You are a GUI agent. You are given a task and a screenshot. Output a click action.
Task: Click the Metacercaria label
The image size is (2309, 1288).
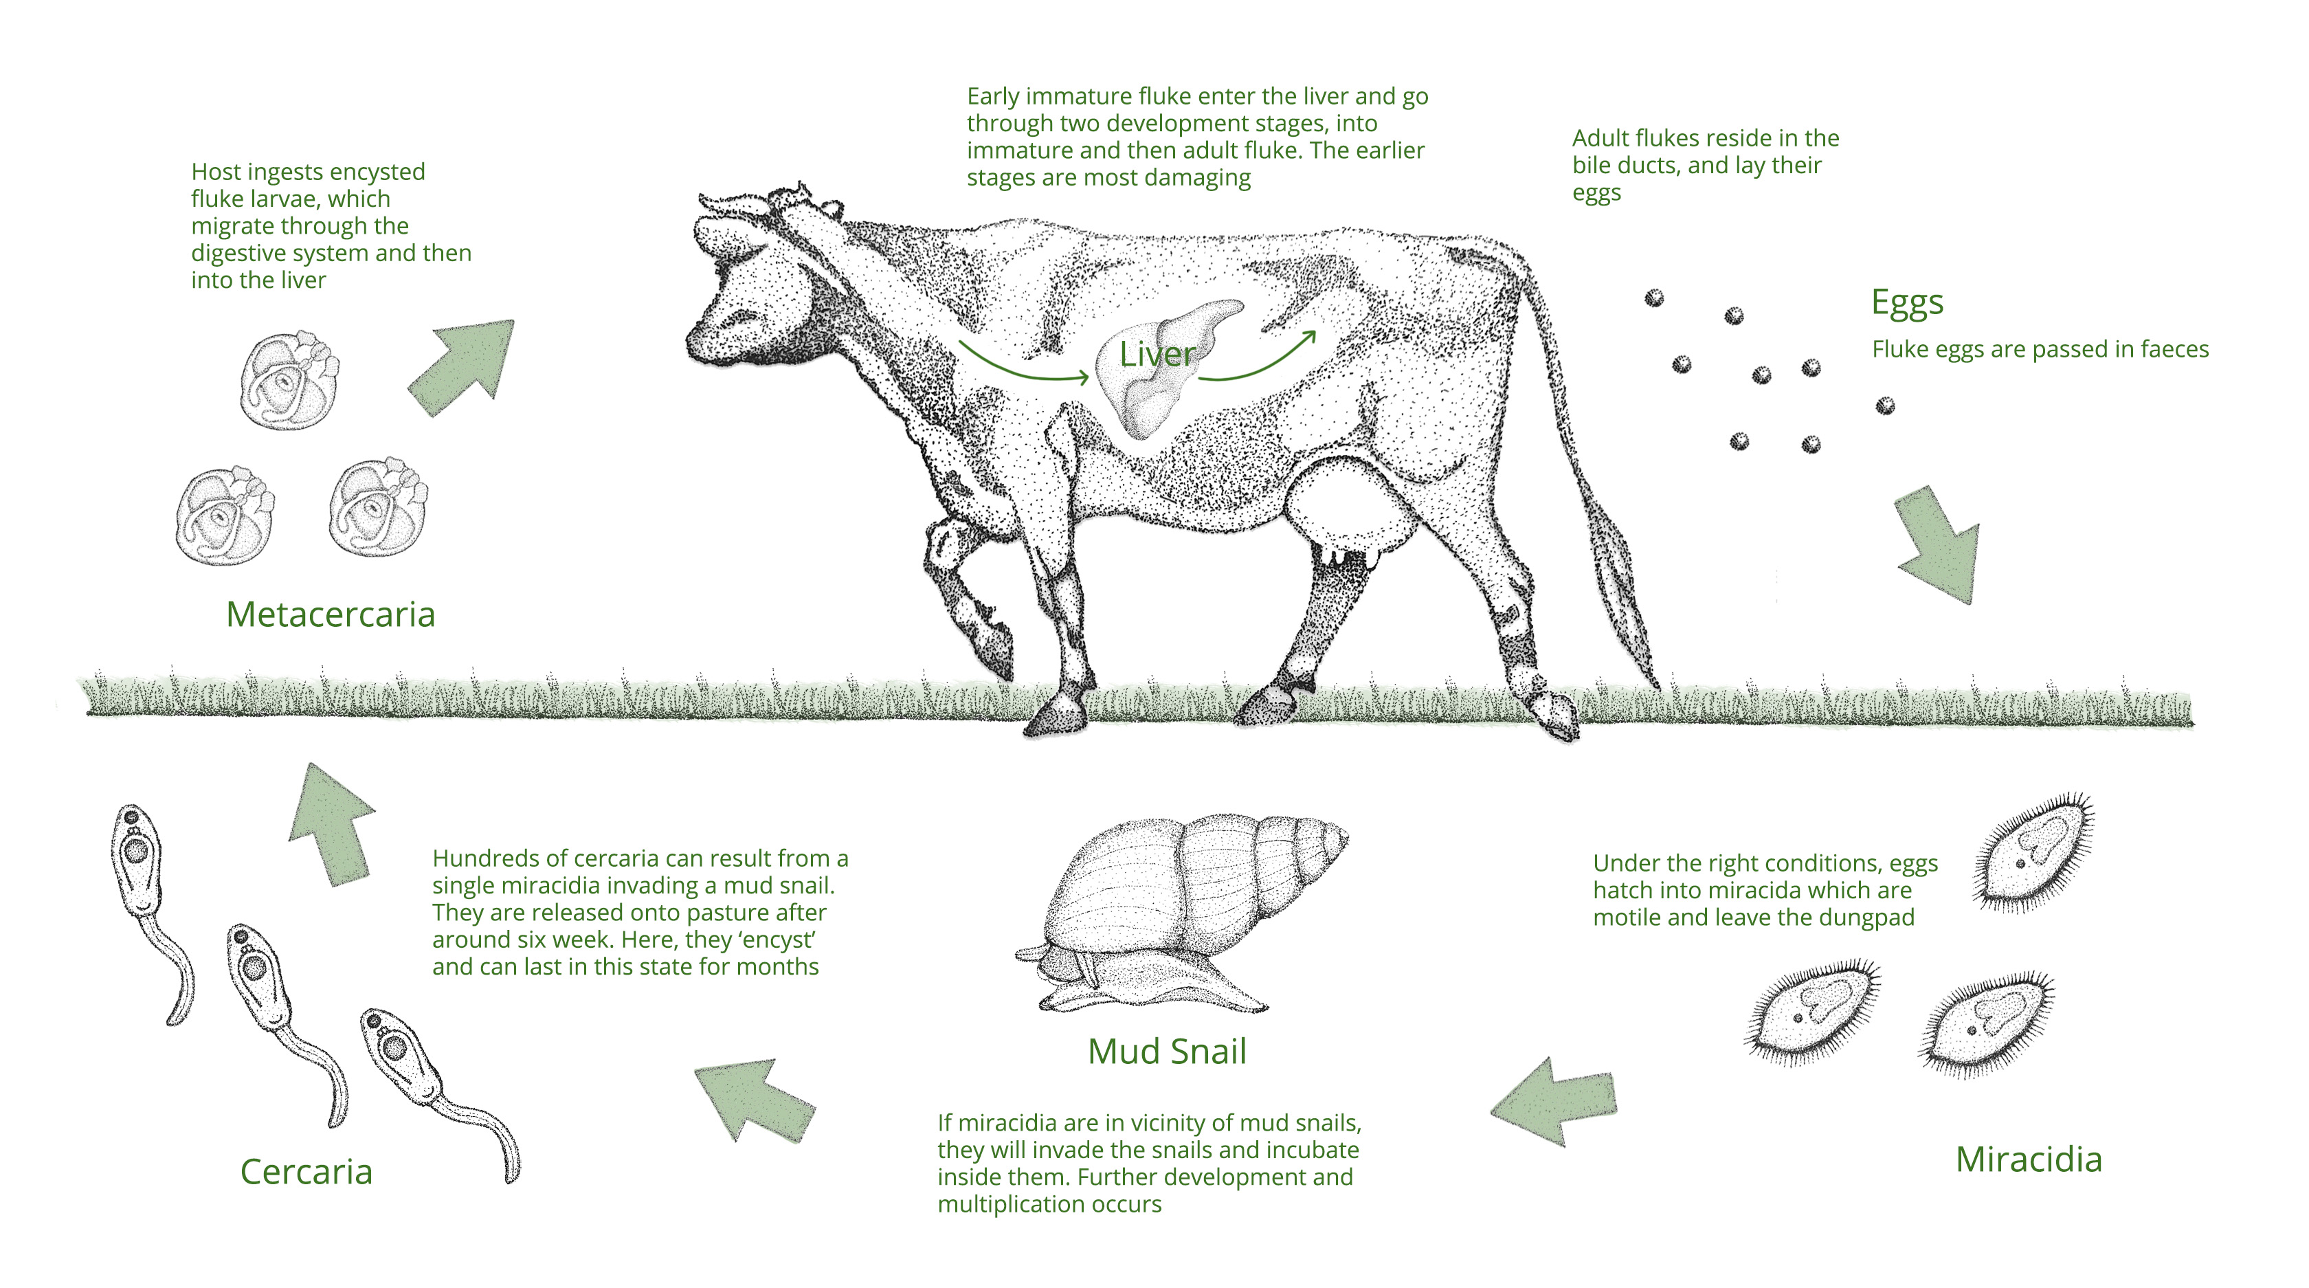pyautogui.click(x=330, y=615)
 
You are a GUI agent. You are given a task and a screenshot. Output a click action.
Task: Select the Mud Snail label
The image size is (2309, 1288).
pyautogui.click(x=1167, y=1052)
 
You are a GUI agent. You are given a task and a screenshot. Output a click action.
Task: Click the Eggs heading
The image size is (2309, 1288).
pyautogui.click(x=1908, y=304)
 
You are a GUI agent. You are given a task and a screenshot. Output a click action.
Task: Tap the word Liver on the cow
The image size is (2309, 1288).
pyautogui.click(x=1157, y=355)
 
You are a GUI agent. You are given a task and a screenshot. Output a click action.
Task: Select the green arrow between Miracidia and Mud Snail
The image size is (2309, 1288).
pyautogui.click(x=1555, y=1100)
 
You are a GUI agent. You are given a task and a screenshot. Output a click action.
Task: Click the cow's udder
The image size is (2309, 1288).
pyautogui.click(x=1345, y=511)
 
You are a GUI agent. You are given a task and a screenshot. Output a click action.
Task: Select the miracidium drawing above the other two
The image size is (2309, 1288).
pyautogui.click(x=2033, y=852)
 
